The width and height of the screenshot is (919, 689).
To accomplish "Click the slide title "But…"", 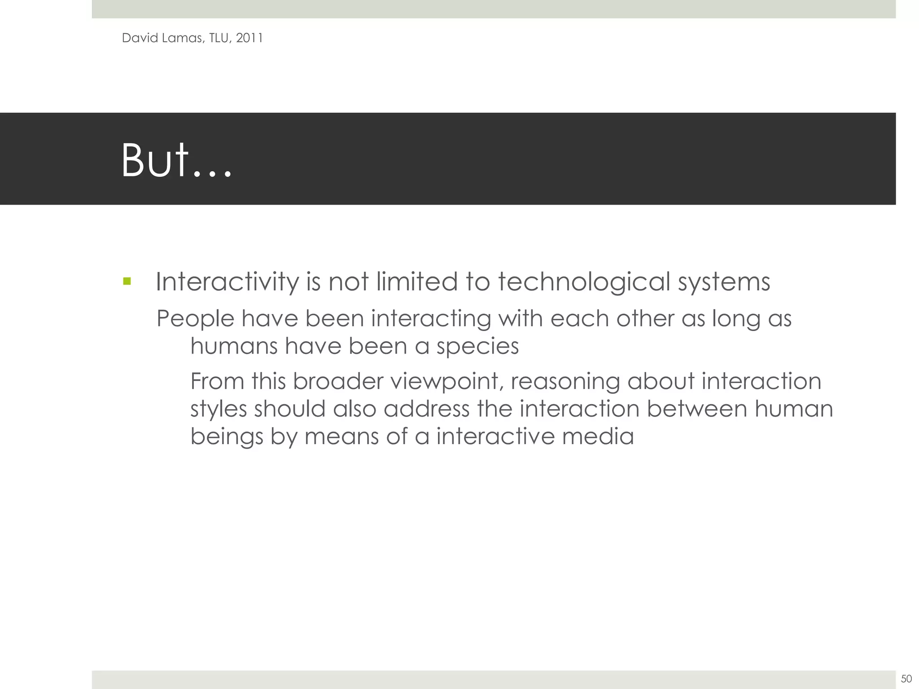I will (x=176, y=161).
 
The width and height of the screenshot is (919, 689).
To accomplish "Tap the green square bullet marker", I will (x=127, y=281).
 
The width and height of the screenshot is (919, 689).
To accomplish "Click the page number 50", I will (x=906, y=678).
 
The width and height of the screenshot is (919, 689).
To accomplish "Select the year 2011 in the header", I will (x=249, y=38).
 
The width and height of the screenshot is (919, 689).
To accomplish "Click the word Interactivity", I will (x=227, y=283).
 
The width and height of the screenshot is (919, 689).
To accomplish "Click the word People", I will (x=195, y=319).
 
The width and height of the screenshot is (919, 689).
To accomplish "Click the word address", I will (x=426, y=409).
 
